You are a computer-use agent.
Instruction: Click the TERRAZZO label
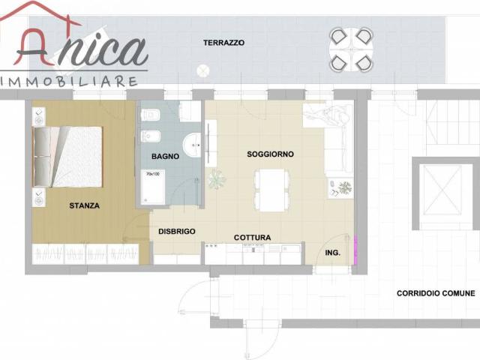point(223,43)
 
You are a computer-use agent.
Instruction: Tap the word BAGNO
point(165,157)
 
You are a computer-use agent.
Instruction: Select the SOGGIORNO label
point(270,154)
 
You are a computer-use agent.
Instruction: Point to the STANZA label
point(84,205)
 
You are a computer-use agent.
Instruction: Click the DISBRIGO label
point(177,232)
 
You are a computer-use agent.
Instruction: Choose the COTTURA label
point(252,238)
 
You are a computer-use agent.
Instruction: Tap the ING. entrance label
point(333,253)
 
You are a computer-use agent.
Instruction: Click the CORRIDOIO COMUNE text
point(436,293)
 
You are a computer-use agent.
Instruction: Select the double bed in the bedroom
point(67,157)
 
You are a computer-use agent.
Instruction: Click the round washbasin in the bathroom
point(192,145)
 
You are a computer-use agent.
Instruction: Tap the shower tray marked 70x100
point(153,187)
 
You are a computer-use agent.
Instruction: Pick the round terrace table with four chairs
point(351,49)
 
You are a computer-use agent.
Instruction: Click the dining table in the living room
point(271,190)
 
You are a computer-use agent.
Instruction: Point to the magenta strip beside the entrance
point(355,250)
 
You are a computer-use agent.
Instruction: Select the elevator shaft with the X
point(442,190)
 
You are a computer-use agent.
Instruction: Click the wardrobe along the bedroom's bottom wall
point(85,254)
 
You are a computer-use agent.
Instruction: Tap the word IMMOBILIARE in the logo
point(69,82)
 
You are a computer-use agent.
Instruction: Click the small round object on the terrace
point(202,71)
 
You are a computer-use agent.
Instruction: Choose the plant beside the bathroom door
point(217,179)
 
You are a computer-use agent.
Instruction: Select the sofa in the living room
point(338,139)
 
